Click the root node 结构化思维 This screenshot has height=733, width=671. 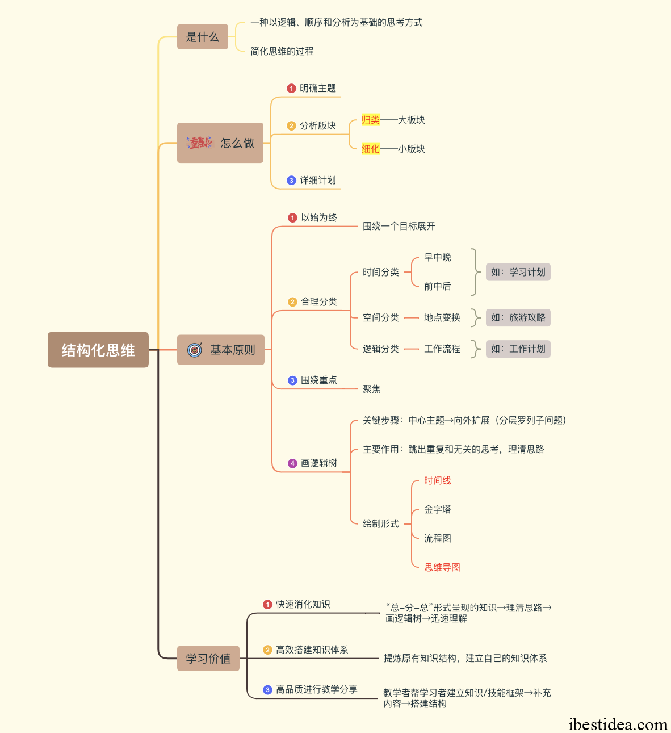click(x=98, y=350)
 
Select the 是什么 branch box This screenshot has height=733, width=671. click(x=203, y=36)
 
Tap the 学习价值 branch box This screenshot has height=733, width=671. click(x=208, y=658)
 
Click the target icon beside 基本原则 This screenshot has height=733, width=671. click(x=195, y=350)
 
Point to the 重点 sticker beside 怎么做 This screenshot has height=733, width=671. click(x=199, y=143)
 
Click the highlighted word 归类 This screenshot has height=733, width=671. click(x=370, y=120)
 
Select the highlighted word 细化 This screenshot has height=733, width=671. click(x=370, y=149)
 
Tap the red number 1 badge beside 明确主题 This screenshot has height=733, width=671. click(x=291, y=89)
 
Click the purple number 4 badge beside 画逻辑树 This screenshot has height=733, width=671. click(x=292, y=463)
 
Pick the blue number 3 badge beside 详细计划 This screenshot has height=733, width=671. click(x=291, y=181)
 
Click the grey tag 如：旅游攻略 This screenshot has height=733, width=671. click(x=518, y=317)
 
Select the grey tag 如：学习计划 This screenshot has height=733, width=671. click(x=518, y=272)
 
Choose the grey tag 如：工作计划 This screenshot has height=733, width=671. click(x=518, y=349)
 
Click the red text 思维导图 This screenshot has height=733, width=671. click(x=442, y=567)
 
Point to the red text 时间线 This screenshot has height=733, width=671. click(x=438, y=480)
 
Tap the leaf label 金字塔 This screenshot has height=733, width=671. click(x=438, y=509)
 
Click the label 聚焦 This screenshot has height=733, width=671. click(x=372, y=389)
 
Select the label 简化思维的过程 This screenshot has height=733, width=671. click(x=282, y=51)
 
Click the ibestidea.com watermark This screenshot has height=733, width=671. click(x=618, y=724)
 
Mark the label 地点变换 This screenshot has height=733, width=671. click(x=442, y=317)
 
